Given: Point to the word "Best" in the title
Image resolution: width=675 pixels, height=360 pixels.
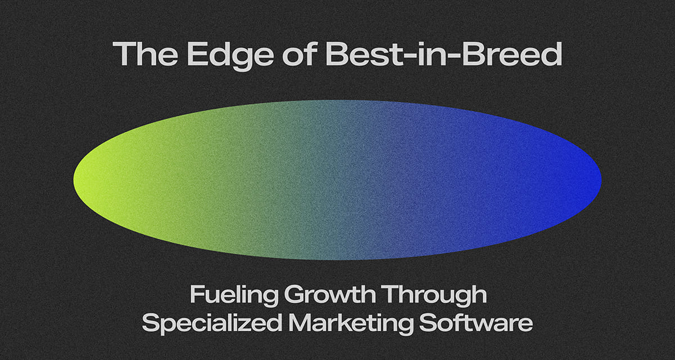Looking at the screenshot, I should click(349, 55).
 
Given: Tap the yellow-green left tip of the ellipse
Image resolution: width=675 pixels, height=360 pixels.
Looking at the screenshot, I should click(79, 180).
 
